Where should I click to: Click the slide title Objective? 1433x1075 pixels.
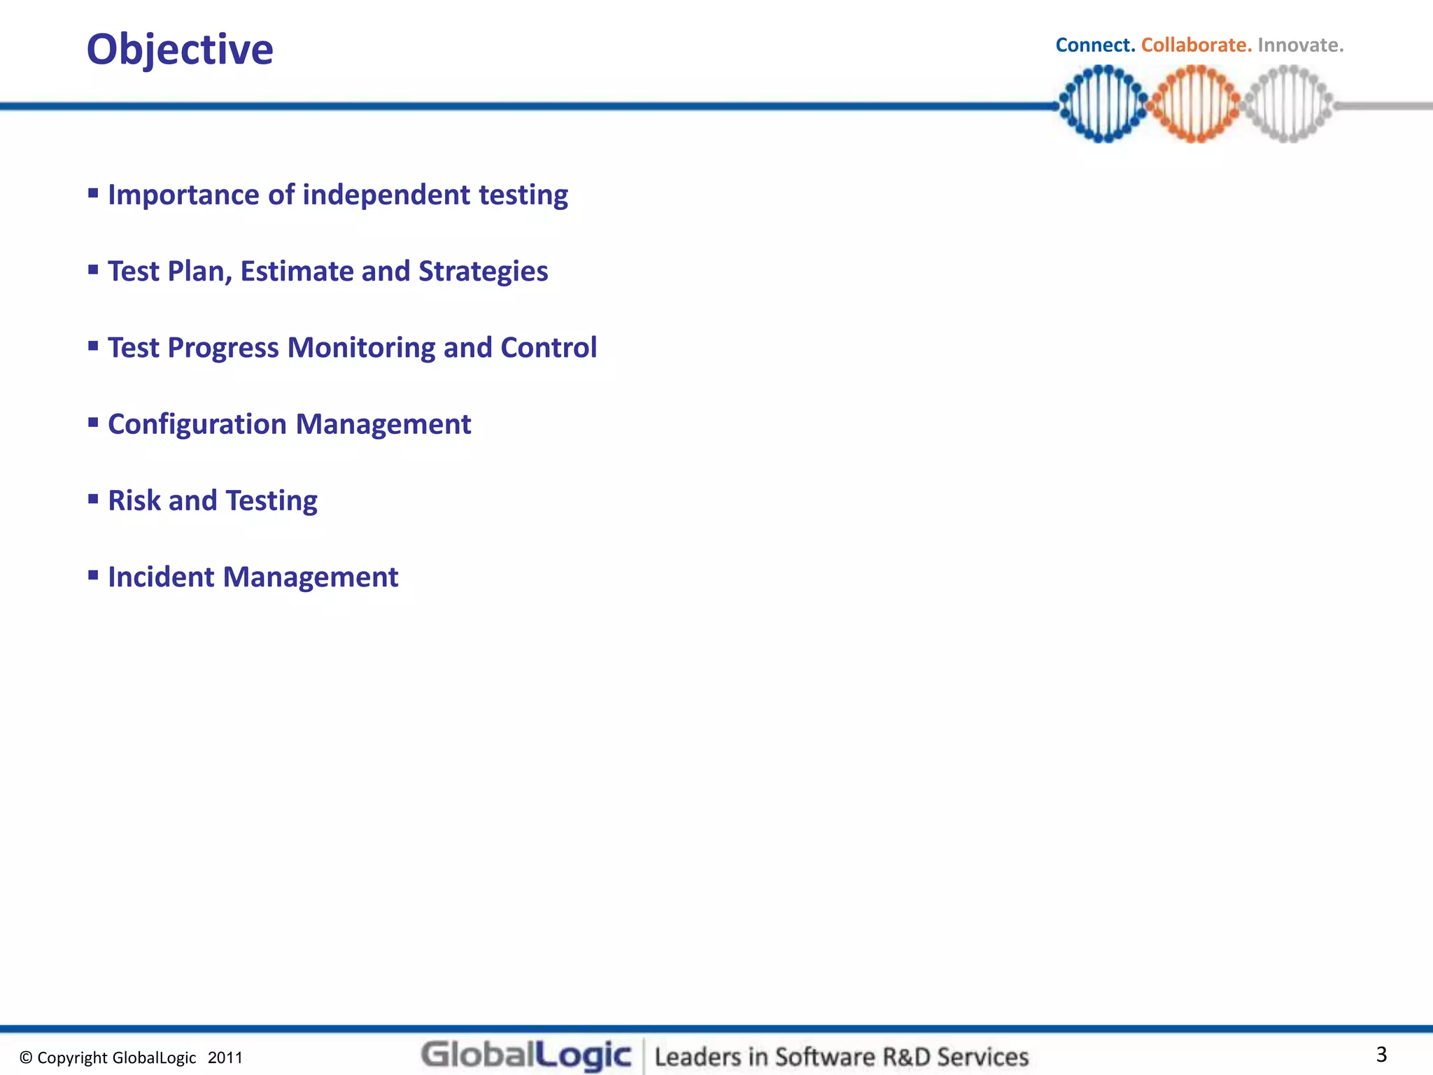pyautogui.click(x=180, y=50)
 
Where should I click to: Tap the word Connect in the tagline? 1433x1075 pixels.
pyautogui.click(x=1094, y=45)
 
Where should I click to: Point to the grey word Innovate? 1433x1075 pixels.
pyautogui.click(x=1300, y=45)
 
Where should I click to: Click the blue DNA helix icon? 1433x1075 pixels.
pyautogui.click(x=1103, y=104)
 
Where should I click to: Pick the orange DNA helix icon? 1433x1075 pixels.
pyautogui.click(x=1195, y=104)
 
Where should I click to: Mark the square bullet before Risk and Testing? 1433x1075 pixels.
pyautogui.click(x=93, y=498)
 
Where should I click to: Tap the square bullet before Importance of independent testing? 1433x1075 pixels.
pyautogui.click(x=93, y=192)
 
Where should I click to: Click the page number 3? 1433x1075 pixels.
pyautogui.click(x=1381, y=1054)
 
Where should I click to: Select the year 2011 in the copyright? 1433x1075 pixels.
pyautogui.click(x=225, y=1058)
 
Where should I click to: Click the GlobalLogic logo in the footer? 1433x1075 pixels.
pyautogui.click(x=526, y=1055)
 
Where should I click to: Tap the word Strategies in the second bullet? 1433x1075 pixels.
pyautogui.click(x=483, y=272)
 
